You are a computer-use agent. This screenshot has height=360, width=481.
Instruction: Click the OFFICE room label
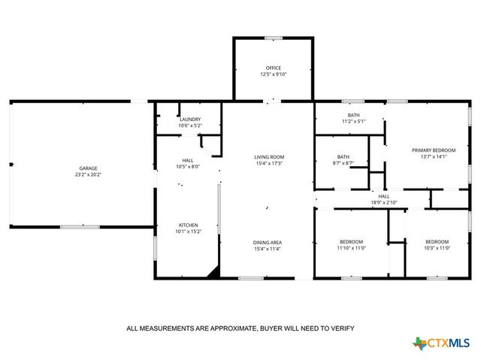[x=273, y=68]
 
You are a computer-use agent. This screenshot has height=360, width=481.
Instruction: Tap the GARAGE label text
[x=89, y=168]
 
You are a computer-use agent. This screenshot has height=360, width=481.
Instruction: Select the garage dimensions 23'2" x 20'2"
[x=89, y=174]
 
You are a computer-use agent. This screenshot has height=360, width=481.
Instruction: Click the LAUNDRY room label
[x=189, y=119]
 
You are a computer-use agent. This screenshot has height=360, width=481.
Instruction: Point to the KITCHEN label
[x=187, y=225]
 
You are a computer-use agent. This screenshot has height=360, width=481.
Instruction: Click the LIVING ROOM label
[x=268, y=156]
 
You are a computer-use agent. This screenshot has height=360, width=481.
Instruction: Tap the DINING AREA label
[x=267, y=241]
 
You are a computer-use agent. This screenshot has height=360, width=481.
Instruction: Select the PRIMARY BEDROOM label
[x=434, y=150]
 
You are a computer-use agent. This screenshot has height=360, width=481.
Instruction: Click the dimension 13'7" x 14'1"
[x=434, y=156]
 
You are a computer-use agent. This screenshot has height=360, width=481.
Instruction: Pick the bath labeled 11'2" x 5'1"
[x=353, y=115]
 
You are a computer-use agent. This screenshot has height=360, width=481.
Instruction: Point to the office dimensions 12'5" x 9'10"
[x=273, y=74]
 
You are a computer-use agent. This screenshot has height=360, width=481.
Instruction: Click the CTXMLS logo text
[x=449, y=343]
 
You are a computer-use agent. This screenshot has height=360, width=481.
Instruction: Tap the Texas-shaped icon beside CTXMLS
[x=419, y=343]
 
